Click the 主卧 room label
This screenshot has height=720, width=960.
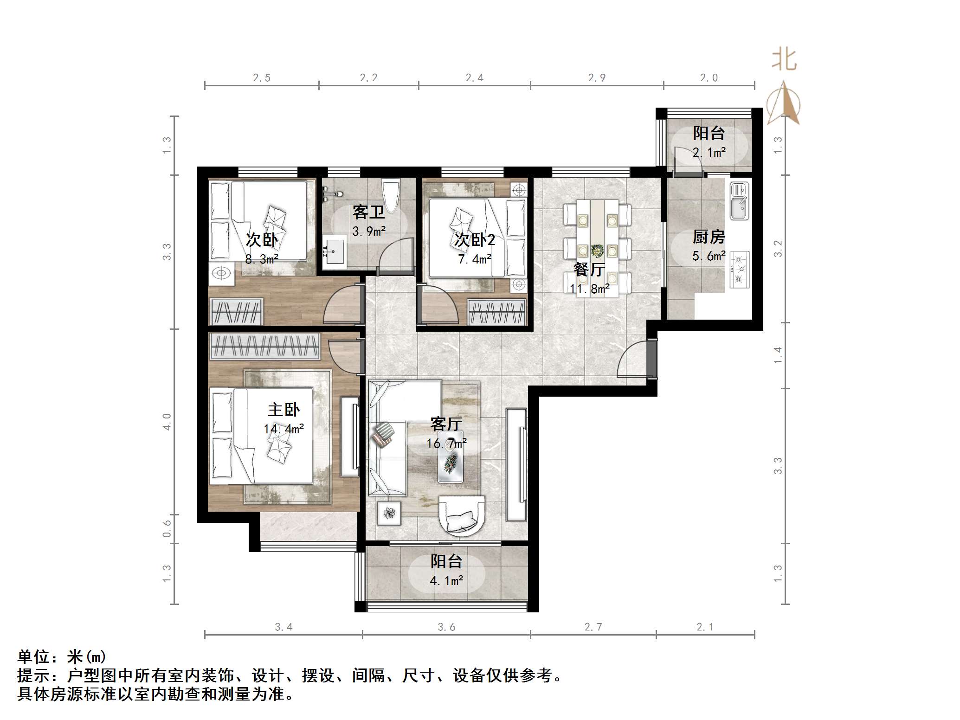click(x=283, y=410)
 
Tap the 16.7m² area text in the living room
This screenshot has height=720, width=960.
click(x=446, y=444)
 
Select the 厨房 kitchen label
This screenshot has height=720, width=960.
click(x=709, y=237)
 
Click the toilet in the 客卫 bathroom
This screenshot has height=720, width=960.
click(x=391, y=194)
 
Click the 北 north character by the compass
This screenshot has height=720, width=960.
click(x=784, y=60)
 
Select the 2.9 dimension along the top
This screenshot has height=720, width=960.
click(x=597, y=78)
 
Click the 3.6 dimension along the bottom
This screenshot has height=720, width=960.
click(x=446, y=627)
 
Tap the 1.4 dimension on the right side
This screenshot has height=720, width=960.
click(x=778, y=355)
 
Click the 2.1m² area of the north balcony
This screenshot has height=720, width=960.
click(x=709, y=152)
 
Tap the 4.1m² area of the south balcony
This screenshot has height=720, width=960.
click(x=446, y=580)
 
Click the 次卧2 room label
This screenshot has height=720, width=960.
click(x=474, y=240)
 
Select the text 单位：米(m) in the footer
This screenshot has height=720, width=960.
click(x=62, y=657)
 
